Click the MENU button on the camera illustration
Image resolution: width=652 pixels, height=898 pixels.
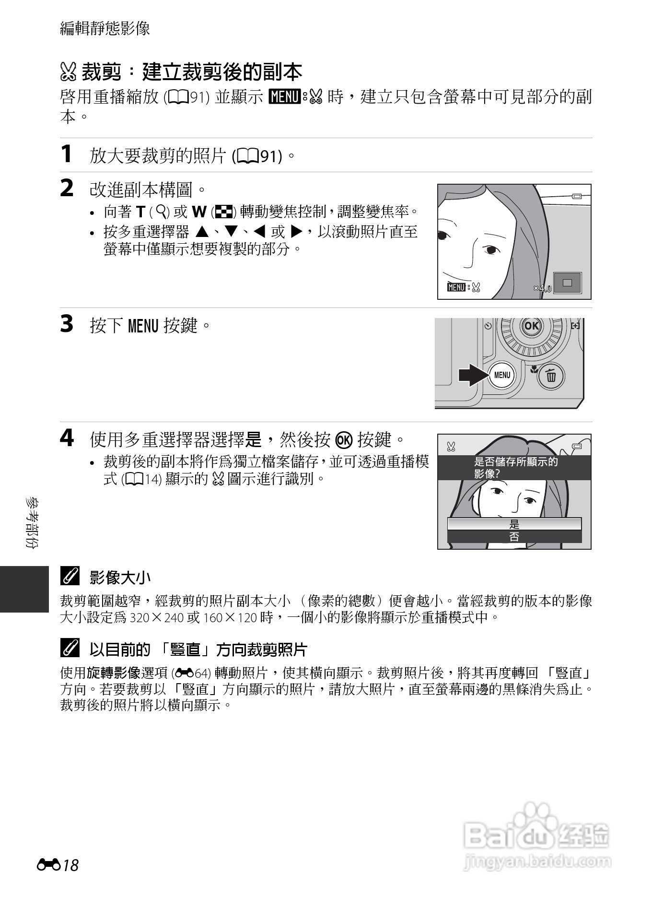(x=502, y=375)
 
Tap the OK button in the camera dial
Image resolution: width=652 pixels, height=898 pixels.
(x=531, y=326)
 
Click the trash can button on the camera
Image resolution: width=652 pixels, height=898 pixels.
(x=551, y=375)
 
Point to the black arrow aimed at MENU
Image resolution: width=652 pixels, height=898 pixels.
(x=473, y=375)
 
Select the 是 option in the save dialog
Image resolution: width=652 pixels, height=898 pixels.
(x=514, y=524)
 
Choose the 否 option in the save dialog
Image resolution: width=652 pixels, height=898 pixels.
(x=514, y=537)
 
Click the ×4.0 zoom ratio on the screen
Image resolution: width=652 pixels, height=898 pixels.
(x=543, y=288)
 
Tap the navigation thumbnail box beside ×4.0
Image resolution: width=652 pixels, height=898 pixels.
(x=567, y=283)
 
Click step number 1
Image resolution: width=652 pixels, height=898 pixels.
(x=67, y=154)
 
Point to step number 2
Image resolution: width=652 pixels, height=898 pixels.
(x=67, y=189)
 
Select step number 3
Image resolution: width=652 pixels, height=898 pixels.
(x=67, y=324)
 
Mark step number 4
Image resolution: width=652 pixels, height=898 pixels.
(x=67, y=438)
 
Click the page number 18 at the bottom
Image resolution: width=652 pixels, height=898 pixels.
(x=70, y=865)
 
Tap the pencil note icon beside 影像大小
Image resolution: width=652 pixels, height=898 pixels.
(x=70, y=577)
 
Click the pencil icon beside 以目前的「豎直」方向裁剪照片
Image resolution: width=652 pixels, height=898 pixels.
(x=70, y=650)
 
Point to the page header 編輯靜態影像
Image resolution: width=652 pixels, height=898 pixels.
(x=105, y=28)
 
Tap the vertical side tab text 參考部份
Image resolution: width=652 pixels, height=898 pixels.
(x=33, y=523)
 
